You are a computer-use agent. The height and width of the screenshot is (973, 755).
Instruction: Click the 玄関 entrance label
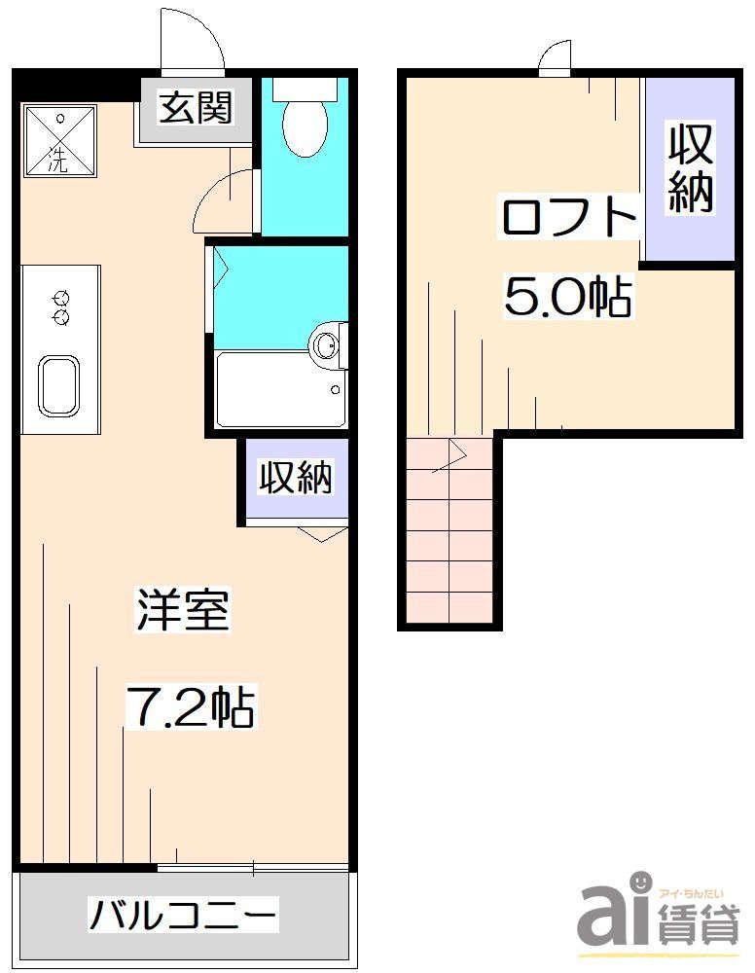[197, 108]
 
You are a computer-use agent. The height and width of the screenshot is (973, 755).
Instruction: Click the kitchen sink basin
[62, 386]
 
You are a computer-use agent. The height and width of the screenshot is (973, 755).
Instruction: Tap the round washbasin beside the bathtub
[328, 342]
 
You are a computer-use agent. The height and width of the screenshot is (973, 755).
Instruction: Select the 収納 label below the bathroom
[296, 477]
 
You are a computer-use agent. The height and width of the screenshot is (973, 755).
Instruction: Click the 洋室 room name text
[182, 610]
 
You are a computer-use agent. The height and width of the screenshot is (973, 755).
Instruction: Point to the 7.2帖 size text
[191, 708]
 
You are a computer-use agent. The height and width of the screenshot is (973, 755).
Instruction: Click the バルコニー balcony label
[184, 916]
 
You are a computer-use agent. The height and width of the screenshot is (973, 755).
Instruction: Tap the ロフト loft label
[569, 218]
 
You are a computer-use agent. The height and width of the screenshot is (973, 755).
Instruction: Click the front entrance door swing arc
[192, 45]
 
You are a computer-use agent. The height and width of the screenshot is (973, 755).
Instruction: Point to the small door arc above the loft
[557, 59]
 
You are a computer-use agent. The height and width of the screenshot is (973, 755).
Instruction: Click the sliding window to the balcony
[253, 867]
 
